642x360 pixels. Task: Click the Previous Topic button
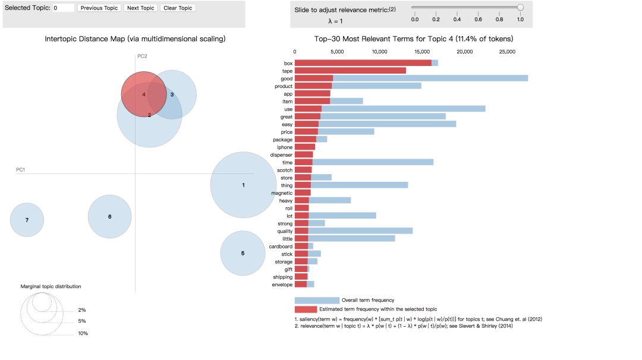point(99,8)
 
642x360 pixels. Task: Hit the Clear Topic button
point(178,8)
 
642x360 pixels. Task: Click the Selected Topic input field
point(63,8)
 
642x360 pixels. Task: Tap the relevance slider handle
point(520,7)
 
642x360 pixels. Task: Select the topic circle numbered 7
point(27,220)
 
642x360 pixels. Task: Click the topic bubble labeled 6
point(109,217)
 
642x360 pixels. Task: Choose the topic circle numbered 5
point(243,253)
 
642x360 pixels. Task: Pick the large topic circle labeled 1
point(243,185)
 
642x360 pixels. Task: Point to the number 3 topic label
point(172,94)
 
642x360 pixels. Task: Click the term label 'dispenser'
point(281,155)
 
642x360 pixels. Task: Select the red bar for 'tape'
point(350,71)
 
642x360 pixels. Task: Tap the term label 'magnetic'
point(282,193)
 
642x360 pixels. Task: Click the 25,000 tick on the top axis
point(506,52)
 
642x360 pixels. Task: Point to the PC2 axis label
point(142,56)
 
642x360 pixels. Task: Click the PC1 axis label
point(21,170)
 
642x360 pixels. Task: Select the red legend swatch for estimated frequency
point(306,310)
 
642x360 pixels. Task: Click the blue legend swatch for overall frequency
point(316,300)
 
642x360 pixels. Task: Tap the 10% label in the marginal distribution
point(83,333)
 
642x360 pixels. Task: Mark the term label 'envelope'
point(282,285)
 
